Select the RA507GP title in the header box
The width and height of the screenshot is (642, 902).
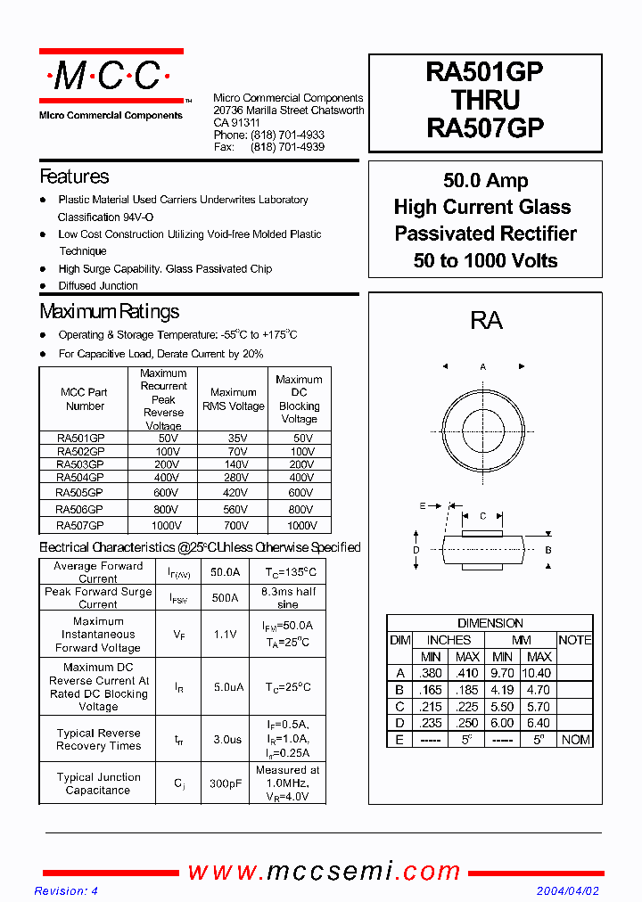point(485,127)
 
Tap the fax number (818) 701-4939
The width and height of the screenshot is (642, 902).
point(287,147)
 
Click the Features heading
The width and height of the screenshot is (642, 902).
point(74,176)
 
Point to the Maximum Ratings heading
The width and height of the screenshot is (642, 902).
point(109,311)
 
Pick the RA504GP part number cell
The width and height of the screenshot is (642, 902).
point(80,478)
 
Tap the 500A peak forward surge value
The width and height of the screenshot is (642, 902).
point(224,598)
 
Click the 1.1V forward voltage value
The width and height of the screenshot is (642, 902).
point(224,635)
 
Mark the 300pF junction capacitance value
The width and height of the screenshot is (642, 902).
point(224,784)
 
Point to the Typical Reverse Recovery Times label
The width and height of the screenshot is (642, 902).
point(98,739)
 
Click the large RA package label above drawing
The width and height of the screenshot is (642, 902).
point(486,321)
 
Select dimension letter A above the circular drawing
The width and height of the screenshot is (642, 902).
point(483,366)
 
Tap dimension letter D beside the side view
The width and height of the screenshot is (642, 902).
point(416,550)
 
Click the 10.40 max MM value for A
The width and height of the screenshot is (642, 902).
point(539,673)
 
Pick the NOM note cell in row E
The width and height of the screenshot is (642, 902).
point(575,740)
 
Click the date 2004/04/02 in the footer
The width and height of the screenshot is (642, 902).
point(567,891)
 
